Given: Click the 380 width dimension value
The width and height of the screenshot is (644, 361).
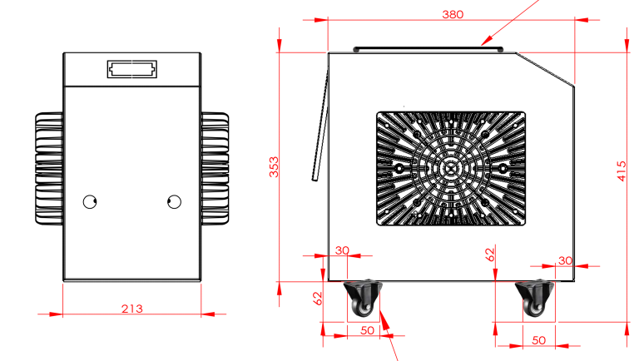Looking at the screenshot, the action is (453, 14).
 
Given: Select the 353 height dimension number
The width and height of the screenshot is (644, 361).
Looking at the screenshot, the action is (274, 166).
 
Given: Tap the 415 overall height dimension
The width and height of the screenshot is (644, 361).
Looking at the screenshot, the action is (622, 171).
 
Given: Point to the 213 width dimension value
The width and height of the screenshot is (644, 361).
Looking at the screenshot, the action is (131, 309).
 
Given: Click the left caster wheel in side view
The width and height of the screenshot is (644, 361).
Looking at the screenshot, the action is (362, 299).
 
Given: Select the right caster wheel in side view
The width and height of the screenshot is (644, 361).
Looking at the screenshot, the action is (534, 299).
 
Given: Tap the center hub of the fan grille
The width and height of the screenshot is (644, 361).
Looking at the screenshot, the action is (451, 168).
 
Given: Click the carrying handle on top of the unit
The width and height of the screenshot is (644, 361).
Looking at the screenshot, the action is (428, 50).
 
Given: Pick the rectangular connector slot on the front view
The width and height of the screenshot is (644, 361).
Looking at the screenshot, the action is (131, 69).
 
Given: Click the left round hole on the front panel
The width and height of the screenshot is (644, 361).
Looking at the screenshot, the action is (90, 201).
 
